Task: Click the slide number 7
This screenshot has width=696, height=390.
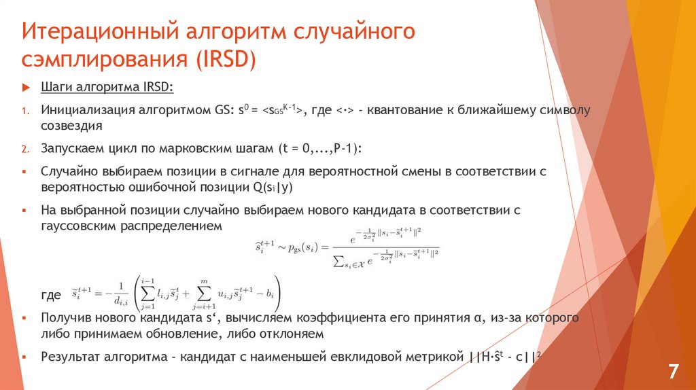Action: click(673, 372)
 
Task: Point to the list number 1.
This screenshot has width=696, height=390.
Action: click(24, 110)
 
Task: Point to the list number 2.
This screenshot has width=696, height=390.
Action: click(24, 149)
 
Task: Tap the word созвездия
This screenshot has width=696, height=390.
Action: click(71, 126)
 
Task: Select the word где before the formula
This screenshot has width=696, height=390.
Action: click(52, 296)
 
